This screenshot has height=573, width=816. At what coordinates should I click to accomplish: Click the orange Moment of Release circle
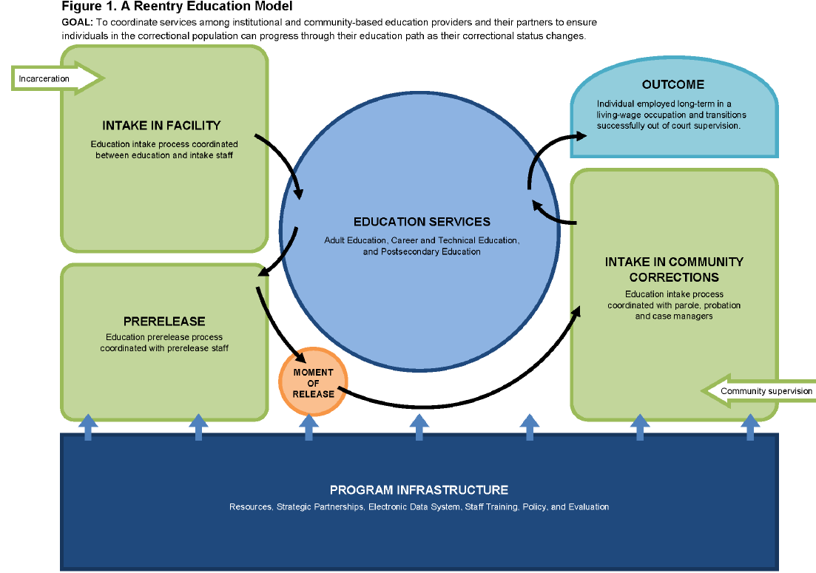pos(313,383)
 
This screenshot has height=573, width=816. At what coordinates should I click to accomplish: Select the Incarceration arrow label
pos(44,78)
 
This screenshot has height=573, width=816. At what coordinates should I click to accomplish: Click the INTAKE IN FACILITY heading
pos(161,125)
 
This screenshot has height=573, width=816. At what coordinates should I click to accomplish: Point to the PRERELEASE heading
pos(164,322)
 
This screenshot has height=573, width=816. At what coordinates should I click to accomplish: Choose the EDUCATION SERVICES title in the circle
pos(422,222)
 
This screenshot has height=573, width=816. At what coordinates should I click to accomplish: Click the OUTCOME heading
pos(672,84)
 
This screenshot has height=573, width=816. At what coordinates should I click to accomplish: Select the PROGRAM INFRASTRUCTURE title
pos(419,490)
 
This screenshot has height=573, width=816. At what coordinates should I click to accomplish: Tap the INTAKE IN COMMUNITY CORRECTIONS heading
pos(673,270)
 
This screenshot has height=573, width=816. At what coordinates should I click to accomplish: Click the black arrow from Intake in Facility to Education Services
pos(285,159)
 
